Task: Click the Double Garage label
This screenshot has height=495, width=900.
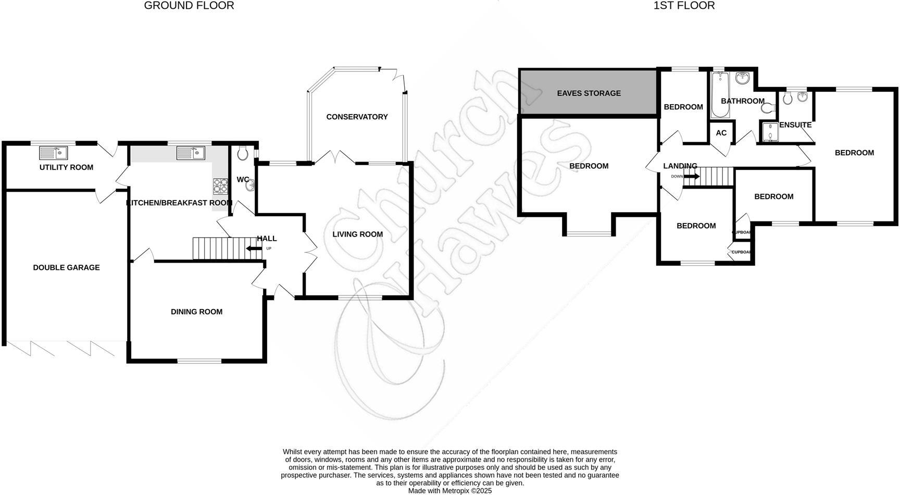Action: tap(66, 267)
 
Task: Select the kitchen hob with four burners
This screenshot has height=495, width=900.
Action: tap(220, 185)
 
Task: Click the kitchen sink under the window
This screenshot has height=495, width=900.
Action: tap(191, 153)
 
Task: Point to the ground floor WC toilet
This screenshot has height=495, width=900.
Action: tap(242, 153)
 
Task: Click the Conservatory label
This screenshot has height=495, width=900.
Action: tap(357, 117)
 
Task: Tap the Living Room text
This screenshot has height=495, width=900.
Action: tap(357, 234)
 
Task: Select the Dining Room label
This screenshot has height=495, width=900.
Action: tap(196, 312)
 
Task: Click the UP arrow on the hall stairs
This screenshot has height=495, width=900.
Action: tap(255, 249)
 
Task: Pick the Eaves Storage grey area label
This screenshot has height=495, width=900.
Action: tap(589, 93)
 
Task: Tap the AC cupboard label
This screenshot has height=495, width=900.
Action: tap(721, 133)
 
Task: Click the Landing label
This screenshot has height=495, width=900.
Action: tap(680, 166)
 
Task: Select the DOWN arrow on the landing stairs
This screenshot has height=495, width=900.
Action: tap(691, 177)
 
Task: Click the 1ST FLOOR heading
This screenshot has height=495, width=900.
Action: tap(684, 6)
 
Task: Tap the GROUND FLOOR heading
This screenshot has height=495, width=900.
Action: tap(189, 6)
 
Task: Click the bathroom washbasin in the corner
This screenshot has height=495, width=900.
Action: tap(743, 79)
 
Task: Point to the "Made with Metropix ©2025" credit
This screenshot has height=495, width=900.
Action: tap(449, 491)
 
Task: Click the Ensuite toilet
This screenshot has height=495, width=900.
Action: tap(787, 98)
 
